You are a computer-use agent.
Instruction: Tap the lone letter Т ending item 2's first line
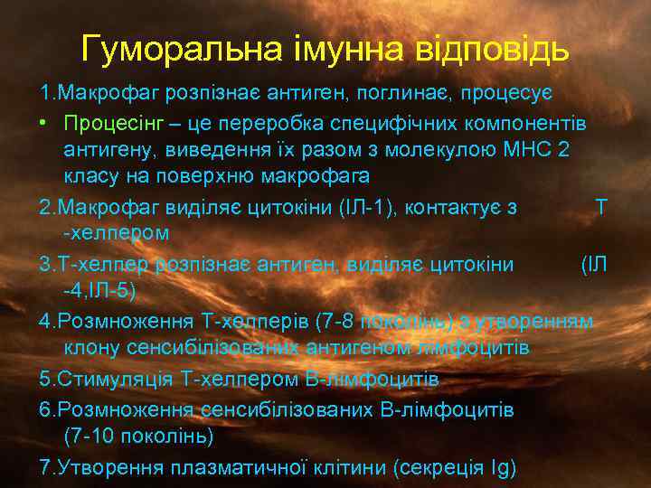pyautogui.click(x=601, y=208)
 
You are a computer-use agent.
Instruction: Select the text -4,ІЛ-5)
pyautogui.click(x=99, y=290)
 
